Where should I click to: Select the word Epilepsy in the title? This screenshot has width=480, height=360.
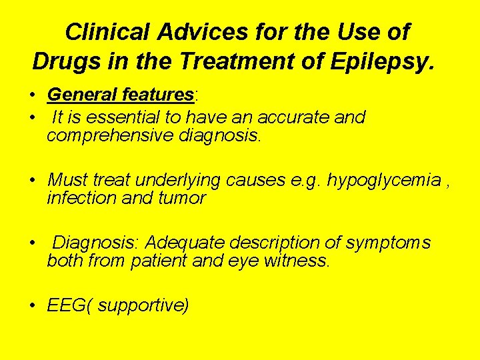[x=385, y=61]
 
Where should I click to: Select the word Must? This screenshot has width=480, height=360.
[x=68, y=180]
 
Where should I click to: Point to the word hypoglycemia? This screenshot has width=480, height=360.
[x=385, y=180]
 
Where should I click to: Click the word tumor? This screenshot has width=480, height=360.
[x=182, y=198]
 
